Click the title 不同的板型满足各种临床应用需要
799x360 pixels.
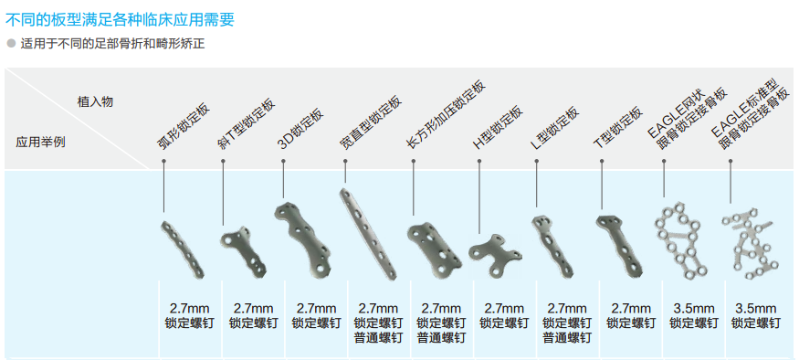point(120,19)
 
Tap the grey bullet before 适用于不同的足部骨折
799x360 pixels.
point(11,44)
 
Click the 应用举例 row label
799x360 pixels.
point(41,142)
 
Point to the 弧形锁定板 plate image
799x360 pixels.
point(183,249)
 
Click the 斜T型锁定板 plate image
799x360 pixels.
point(244,252)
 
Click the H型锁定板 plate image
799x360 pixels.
point(494,253)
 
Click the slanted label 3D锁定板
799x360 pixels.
point(301,128)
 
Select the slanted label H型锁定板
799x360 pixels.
point(498,128)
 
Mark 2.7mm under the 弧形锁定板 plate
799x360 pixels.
point(190,309)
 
